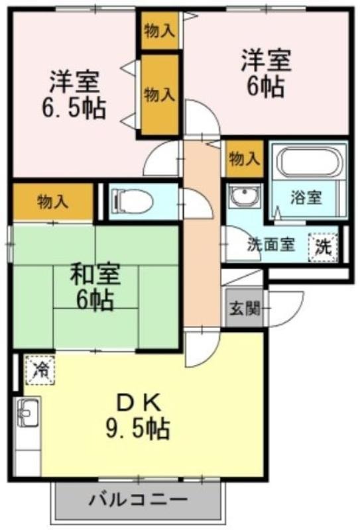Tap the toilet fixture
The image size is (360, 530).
[x=133, y=203]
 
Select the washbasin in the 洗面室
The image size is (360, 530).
[x=243, y=196]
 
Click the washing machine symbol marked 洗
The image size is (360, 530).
[x=324, y=247]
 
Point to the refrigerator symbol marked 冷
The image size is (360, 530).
[x=40, y=370]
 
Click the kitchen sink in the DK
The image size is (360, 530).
[x=29, y=413]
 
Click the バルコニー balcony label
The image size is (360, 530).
[x=138, y=500]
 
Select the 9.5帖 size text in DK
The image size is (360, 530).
[x=138, y=428]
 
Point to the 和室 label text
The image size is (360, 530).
[x=95, y=274]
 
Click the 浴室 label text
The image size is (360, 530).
[x=306, y=197]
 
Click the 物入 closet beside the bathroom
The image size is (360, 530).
[x=245, y=158]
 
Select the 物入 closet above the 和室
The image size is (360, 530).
[x=53, y=202]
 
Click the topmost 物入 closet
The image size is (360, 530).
[x=159, y=31]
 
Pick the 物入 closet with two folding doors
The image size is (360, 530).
[x=159, y=95]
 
